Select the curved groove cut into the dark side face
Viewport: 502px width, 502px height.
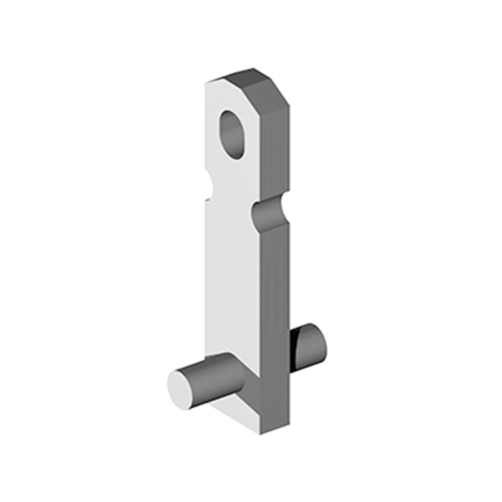269,212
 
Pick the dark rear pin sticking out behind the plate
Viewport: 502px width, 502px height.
308,343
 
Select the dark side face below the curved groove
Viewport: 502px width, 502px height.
276,301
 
